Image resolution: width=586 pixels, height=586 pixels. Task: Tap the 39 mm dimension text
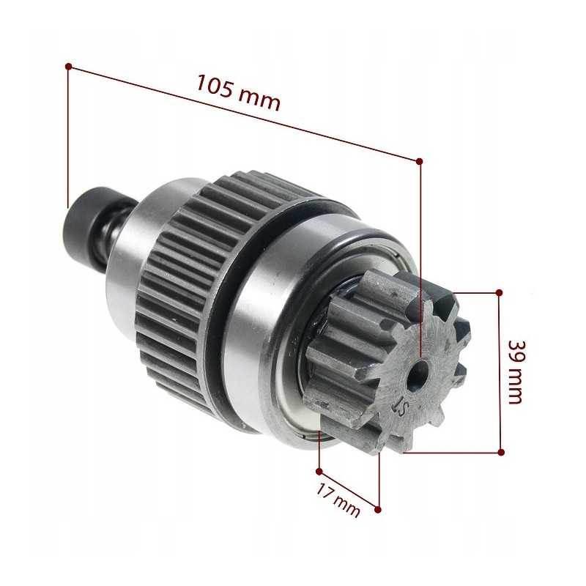coord(516,371)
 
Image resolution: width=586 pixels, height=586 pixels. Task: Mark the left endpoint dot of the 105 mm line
coord(68,66)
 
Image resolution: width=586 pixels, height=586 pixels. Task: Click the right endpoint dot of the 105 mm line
coord(419,160)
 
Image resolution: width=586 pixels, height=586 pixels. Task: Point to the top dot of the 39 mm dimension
coord(500,292)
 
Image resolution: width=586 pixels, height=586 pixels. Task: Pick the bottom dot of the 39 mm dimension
coord(501,452)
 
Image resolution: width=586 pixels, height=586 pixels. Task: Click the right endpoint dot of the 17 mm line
coord(378,508)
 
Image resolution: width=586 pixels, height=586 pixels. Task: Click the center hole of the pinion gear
coord(419,374)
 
